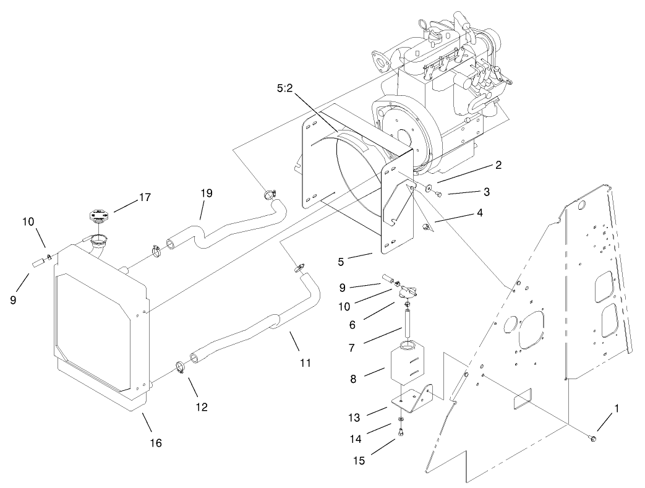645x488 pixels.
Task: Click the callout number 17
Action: coord(145,198)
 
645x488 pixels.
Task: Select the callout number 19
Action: coord(206,194)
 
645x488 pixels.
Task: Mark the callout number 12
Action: coord(202,407)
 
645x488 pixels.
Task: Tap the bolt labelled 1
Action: coord(592,439)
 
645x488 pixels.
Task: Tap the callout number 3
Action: coord(487,192)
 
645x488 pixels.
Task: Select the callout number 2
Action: coord(498,165)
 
